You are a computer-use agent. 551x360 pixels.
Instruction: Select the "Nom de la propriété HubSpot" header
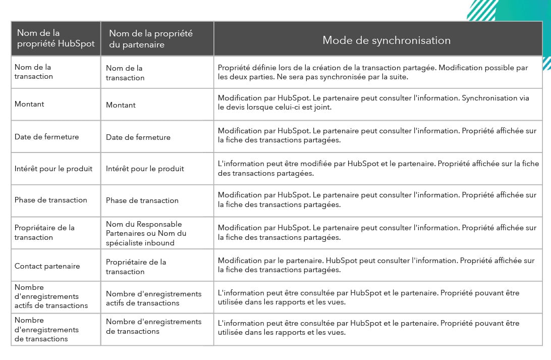(56, 39)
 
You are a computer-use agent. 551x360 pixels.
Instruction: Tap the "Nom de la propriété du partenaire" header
(151, 39)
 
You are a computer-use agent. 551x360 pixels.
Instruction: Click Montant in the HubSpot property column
(29, 104)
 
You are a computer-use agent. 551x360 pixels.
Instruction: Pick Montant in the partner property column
(121, 105)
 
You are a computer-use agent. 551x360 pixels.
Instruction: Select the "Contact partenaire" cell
(47, 266)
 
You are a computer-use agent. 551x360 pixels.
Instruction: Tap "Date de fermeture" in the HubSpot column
(46, 136)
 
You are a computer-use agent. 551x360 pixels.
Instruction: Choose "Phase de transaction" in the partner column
(142, 200)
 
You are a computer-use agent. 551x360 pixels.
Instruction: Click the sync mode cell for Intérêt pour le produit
(378, 169)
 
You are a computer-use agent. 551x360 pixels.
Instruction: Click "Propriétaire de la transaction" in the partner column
(136, 267)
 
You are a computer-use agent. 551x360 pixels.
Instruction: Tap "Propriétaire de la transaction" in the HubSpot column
(44, 232)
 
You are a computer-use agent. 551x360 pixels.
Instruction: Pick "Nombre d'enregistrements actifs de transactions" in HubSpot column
(51, 296)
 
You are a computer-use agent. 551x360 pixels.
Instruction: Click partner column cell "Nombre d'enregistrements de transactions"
(153, 326)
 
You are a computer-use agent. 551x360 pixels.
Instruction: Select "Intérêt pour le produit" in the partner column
(145, 169)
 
